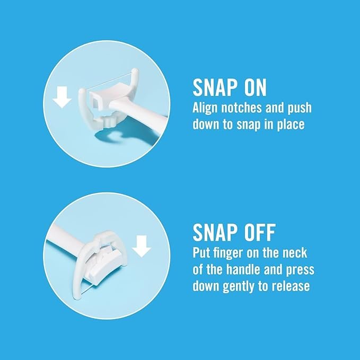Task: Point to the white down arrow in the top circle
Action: tap(62, 97)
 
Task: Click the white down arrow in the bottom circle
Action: tap(142, 246)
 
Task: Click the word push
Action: tap(300, 108)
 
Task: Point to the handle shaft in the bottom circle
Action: tap(67, 241)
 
